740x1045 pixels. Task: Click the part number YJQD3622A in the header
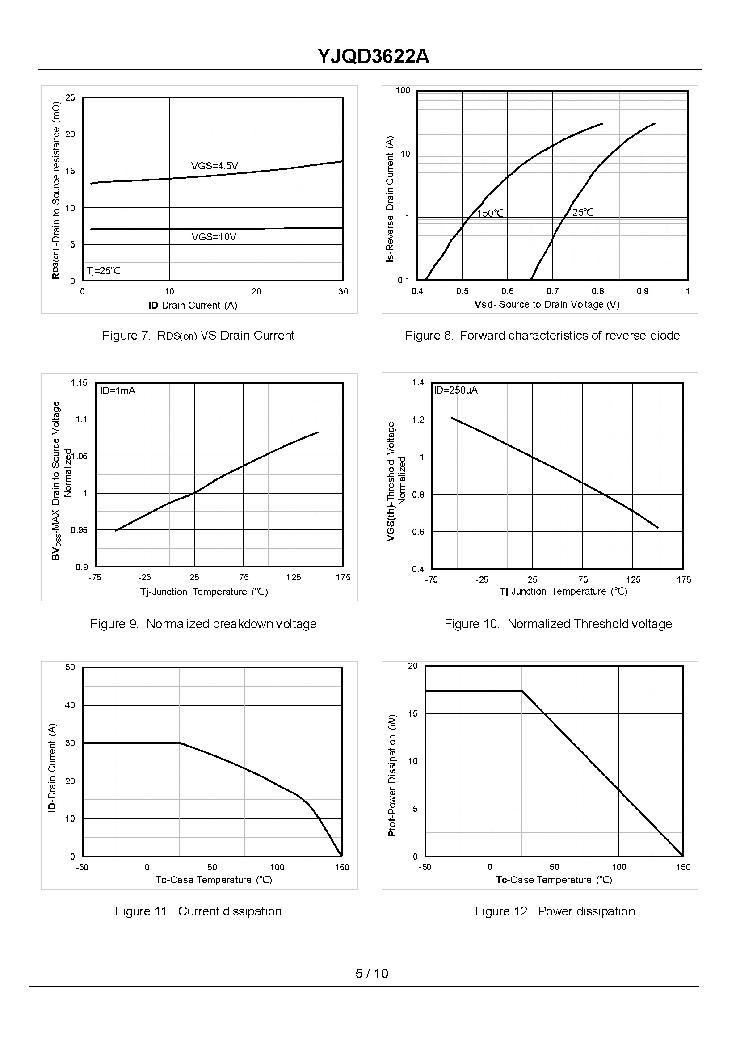373,57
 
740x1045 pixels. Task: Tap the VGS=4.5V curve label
214,166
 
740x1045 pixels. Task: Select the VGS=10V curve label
214,237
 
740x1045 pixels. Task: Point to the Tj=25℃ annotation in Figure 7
104,271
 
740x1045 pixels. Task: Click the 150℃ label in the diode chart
490,213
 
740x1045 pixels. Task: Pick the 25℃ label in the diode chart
583,212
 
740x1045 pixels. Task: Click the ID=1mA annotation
118,390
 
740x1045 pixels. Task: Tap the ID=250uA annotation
456,390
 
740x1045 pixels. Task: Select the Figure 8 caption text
542,335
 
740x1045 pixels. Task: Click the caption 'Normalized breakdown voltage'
231,624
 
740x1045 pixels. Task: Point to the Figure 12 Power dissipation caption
555,911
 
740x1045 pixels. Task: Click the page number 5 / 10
372,974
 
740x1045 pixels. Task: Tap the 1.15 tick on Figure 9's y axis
79,382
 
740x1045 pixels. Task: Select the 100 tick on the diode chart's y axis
403,90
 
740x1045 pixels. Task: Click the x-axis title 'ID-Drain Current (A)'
193,305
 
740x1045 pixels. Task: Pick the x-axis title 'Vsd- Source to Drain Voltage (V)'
547,304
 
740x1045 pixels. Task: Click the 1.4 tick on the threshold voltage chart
418,382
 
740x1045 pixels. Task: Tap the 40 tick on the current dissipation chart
70,705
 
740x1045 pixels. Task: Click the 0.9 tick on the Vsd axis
643,291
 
